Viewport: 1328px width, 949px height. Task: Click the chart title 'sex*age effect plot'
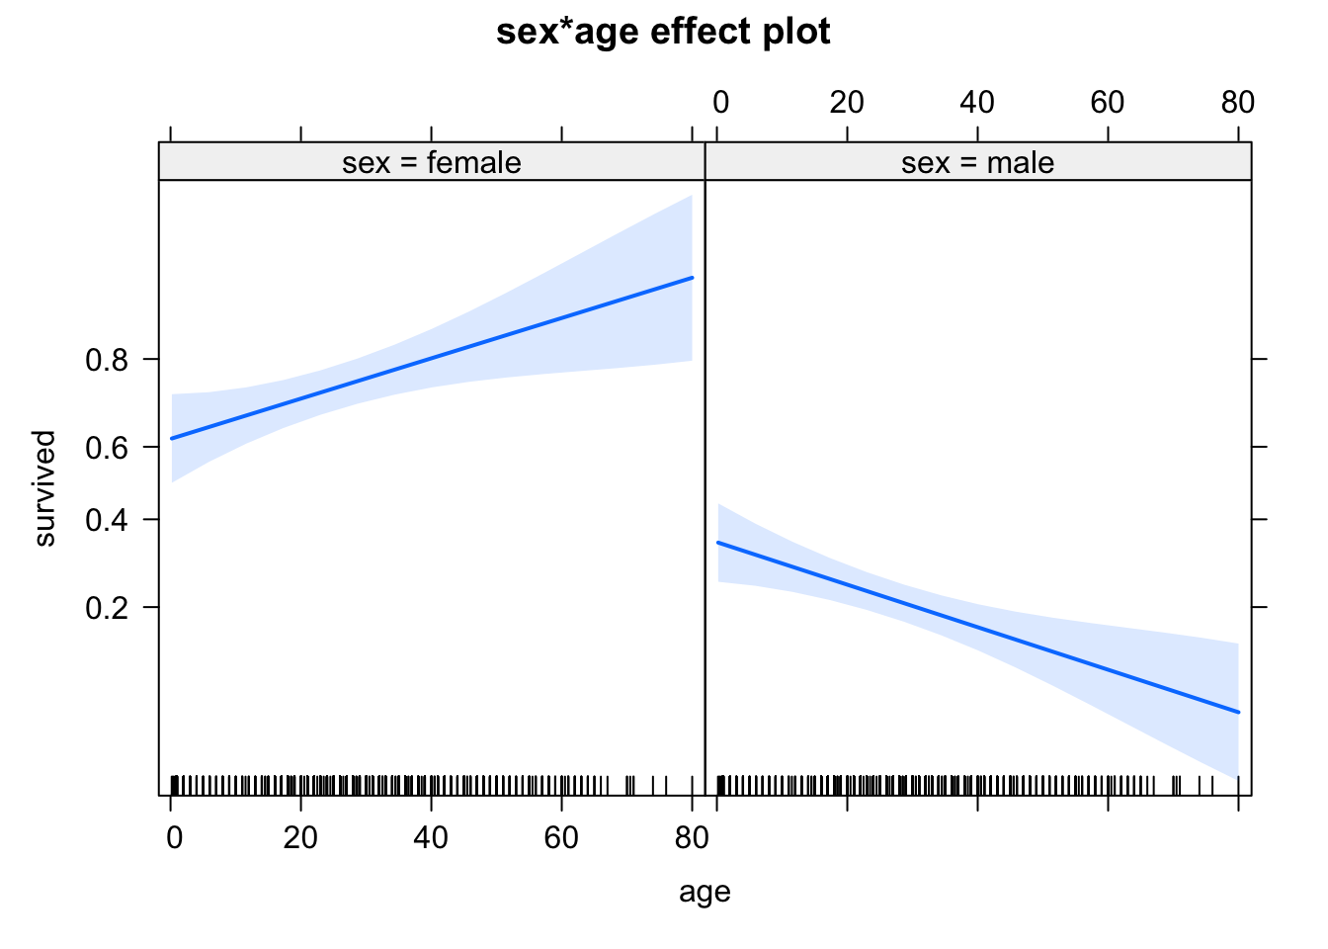click(663, 32)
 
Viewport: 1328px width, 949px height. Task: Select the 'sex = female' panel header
click(432, 162)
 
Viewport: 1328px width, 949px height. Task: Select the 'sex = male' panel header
click(977, 162)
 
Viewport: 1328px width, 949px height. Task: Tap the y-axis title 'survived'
click(44, 488)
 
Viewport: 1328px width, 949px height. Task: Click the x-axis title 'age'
click(705, 892)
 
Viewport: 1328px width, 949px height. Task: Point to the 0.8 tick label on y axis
click(107, 360)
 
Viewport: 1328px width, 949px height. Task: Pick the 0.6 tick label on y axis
click(107, 447)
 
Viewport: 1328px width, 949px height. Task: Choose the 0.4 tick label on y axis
click(107, 520)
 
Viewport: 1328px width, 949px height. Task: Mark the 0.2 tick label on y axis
click(107, 607)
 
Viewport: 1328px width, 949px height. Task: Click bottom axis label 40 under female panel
click(431, 838)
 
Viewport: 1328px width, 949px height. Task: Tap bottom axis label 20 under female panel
click(300, 838)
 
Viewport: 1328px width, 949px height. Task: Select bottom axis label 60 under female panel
click(561, 838)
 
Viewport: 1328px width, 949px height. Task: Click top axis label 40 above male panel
click(977, 102)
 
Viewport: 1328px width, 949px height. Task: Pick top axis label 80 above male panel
click(1237, 102)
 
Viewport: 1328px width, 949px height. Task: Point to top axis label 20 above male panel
click(847, 102)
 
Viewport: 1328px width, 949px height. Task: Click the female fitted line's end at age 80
click(692, 278)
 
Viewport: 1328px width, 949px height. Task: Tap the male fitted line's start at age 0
click(717, 543)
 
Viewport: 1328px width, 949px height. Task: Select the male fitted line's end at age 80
click(1237, 712)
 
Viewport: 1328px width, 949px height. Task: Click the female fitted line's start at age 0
click(171, 438)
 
